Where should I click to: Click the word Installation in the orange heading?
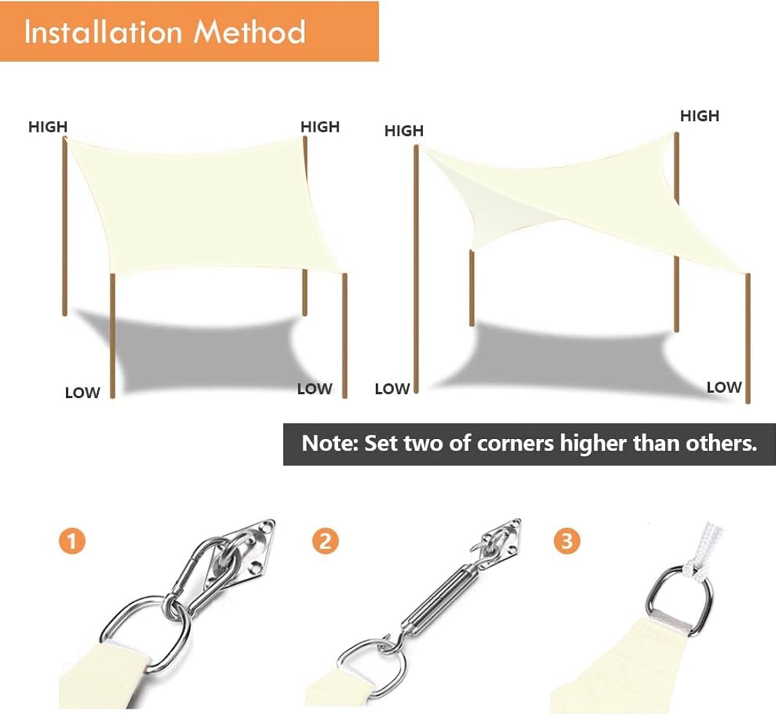(x=103, y=32)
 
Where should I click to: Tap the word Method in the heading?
(x=249, y=32)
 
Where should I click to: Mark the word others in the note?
(x=721, y=444)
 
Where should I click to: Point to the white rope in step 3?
(x=704, y=549)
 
